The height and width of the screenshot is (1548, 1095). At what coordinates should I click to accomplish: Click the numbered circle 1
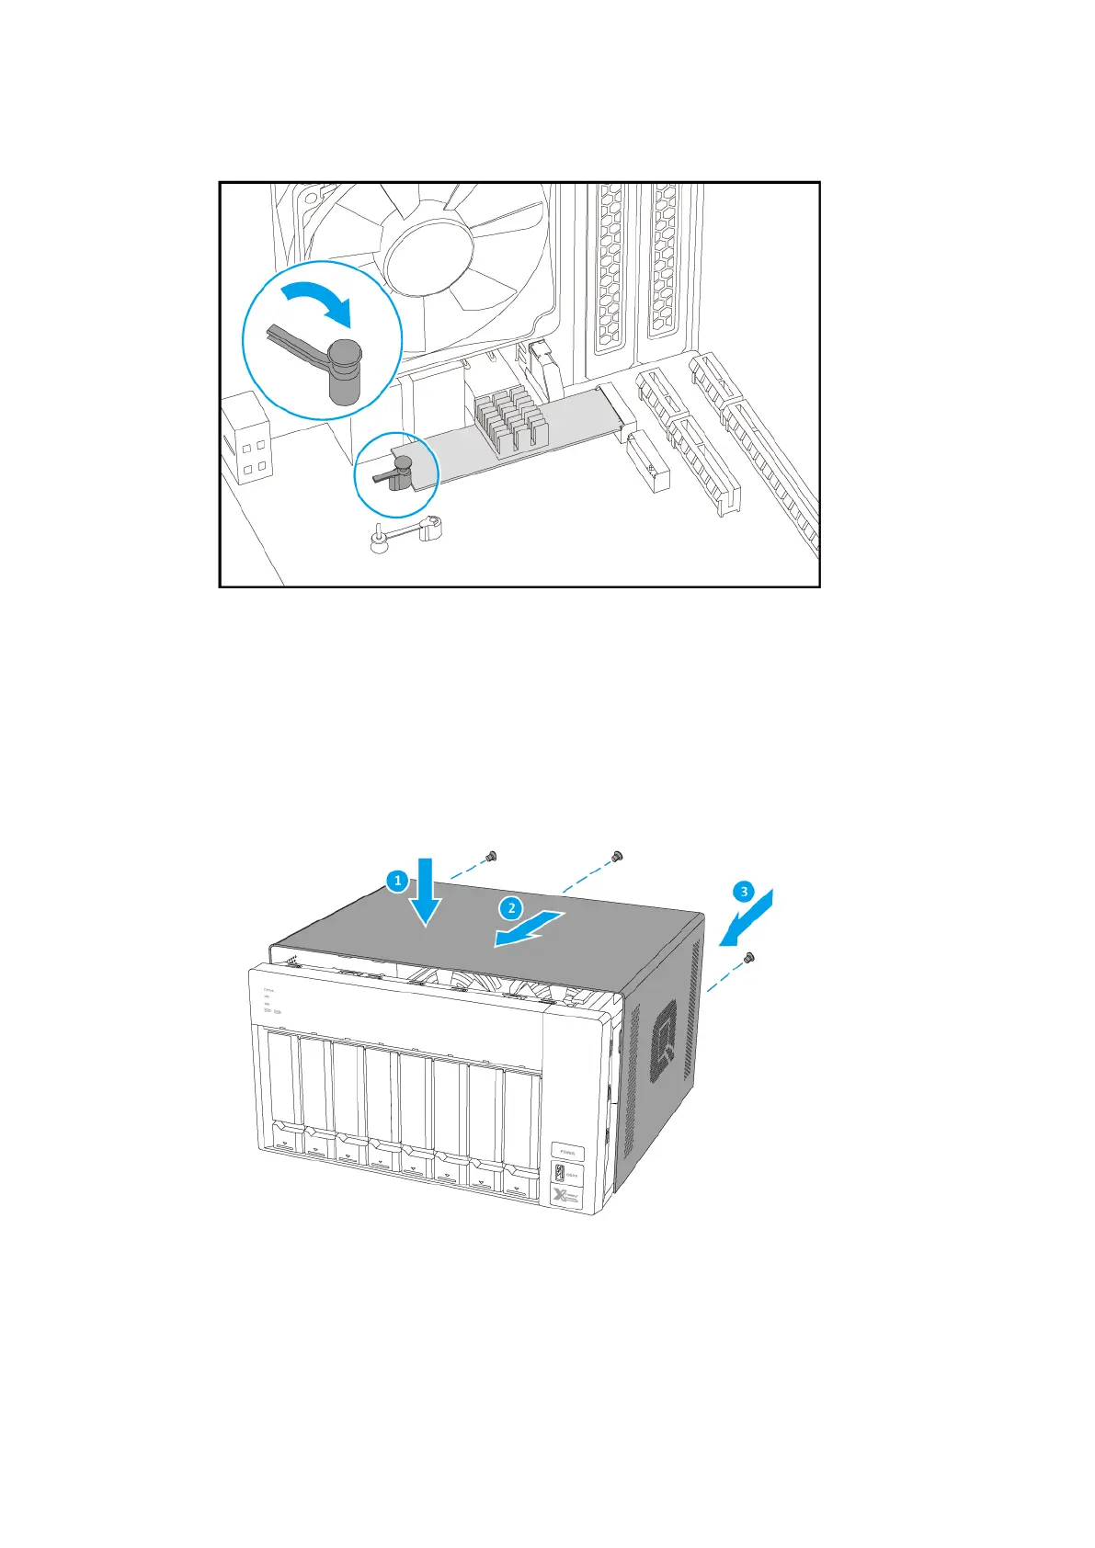click(x=397, y=881)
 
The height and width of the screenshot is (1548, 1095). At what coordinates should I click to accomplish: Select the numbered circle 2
click(x=511, y=909)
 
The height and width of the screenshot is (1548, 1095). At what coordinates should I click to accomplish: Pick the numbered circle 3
click(x=743, y=891)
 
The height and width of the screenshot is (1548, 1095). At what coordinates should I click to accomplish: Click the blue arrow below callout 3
click(x=746, y=919)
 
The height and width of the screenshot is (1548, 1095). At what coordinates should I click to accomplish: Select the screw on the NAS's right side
click(x=749, y=958)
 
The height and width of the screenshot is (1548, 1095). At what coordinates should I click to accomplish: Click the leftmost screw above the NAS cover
click(x=491, y=857)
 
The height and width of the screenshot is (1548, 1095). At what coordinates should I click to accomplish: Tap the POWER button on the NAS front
click(x=567, y=1151)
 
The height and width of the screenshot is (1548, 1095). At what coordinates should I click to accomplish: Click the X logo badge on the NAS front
click(x=565, y=1197)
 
